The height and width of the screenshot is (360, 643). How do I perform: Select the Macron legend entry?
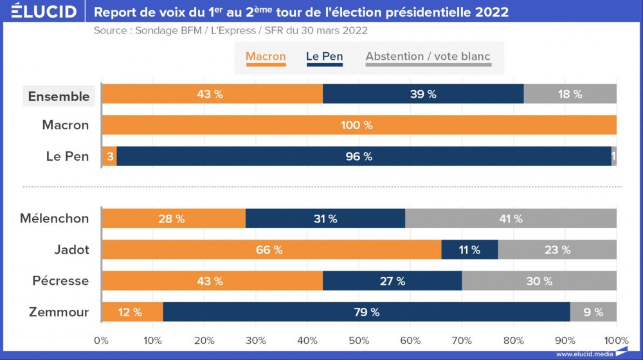click(x=266, y=57)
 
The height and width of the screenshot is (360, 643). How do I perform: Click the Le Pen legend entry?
click(x=324, y=57)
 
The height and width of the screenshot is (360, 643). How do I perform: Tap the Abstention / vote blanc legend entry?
click(x=428, y=57)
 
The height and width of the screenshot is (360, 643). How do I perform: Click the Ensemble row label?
click(x=59, y=96)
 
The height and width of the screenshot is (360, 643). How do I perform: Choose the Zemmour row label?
click(x=59, y=312)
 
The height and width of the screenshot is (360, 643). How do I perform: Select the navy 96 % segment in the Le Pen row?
click(x=363, y=156)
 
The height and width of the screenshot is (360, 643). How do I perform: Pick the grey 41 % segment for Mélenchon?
click(x=511, y=219)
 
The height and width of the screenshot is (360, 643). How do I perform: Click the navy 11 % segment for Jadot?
click(x=469, y=250)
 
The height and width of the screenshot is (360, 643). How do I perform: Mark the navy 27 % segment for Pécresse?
click(x=392, y=281)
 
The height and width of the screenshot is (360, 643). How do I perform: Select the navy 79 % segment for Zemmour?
click(x=367, y=312)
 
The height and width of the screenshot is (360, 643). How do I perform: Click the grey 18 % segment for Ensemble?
click(x=570, y=94)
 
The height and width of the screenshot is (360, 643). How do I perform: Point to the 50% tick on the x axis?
click(x=359, y=341)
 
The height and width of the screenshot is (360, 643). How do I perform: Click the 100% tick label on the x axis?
click(x=617, y=341)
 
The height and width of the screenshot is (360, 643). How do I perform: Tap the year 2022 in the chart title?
click(x=485, y=12)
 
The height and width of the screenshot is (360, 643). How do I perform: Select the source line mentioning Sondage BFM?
click(x=231, y=31)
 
